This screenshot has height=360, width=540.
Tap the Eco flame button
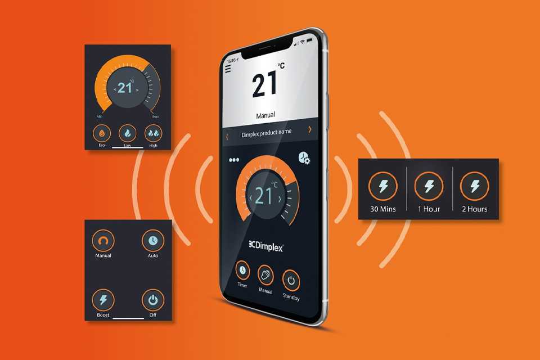tap(102, 133)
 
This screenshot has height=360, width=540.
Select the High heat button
tap(153, 133)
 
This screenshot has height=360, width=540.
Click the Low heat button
tap(128, 133)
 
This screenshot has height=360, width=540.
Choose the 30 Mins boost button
tap(383, 186)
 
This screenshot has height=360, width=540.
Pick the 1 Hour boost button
tap(429, 186)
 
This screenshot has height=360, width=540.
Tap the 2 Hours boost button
tap(475, 186)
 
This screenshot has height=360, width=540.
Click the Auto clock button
tap(153, 240)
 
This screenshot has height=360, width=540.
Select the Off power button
tap(153, 300)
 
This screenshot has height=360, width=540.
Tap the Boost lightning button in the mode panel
tap(103, 300)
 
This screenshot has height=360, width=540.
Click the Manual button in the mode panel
tap(103, 240)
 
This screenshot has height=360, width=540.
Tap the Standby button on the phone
tap(291, 281)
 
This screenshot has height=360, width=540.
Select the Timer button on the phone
tap(243, 270)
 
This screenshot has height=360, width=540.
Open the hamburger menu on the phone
tap(228, 69)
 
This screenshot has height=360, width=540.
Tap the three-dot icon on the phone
tap(234, 160)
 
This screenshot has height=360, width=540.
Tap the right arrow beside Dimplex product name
tap(309, 129)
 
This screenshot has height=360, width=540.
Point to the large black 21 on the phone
tap(264, 84)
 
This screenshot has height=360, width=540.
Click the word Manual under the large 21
tap(265, 115)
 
